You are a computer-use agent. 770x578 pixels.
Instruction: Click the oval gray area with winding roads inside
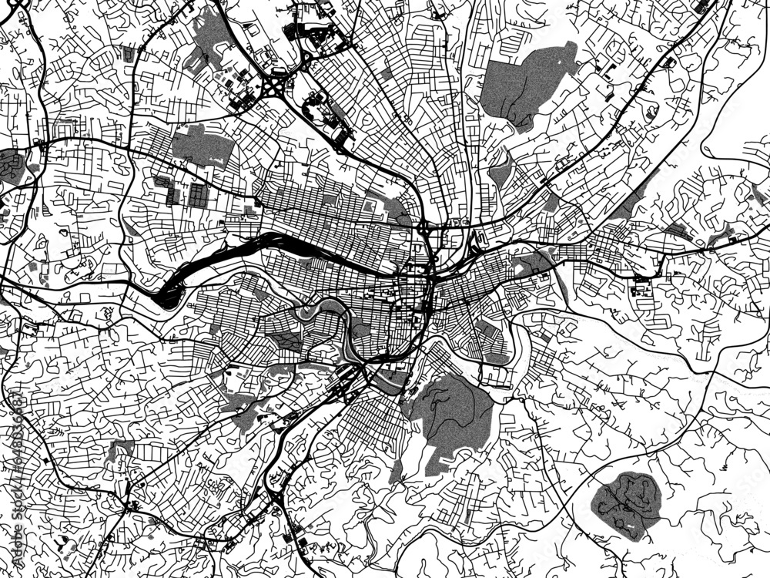(x=626, y=506)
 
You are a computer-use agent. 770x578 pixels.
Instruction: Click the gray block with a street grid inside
(x=198, y=195)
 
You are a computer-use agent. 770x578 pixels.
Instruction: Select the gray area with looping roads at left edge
(x=12, y=166)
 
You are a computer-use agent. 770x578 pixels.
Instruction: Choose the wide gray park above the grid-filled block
(x=202, y=146)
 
